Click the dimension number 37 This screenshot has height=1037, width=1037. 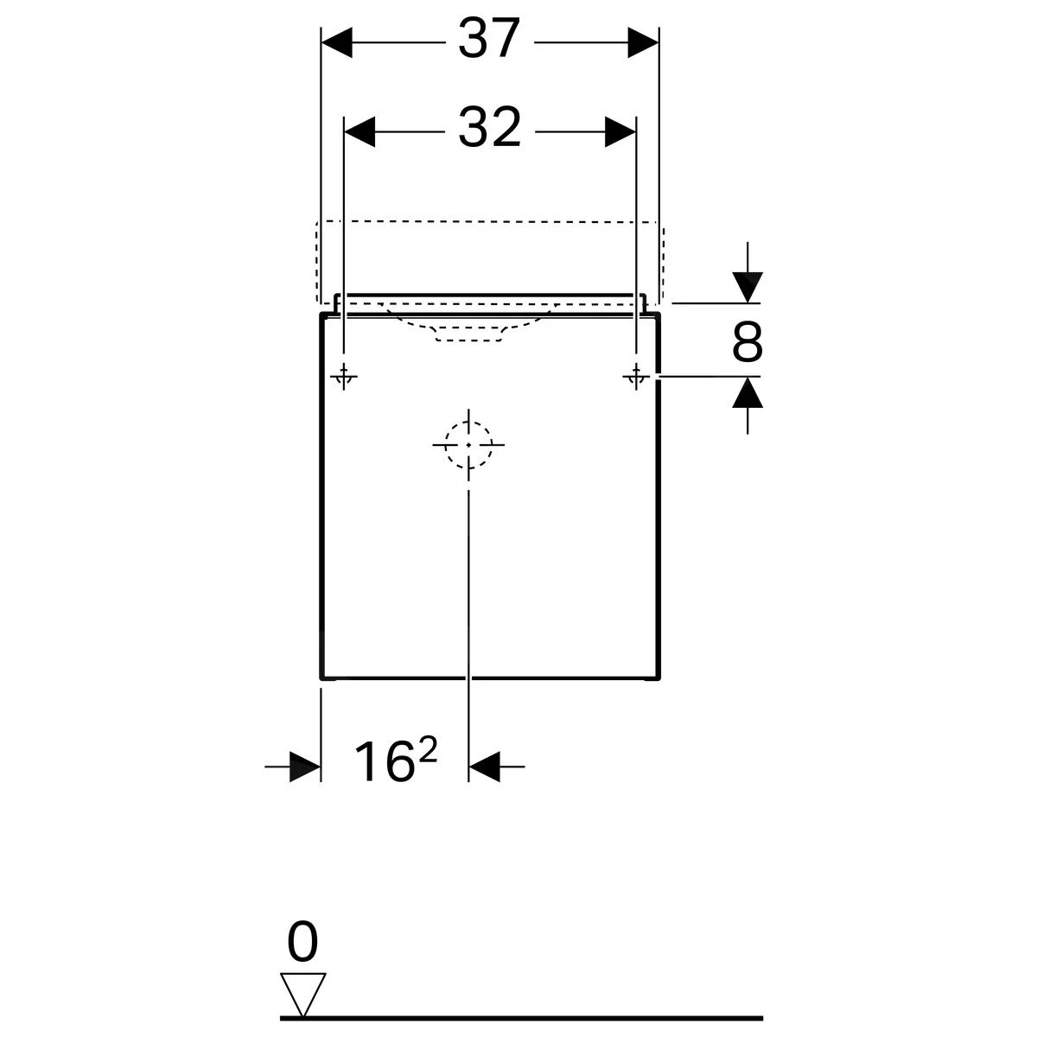(x=489, y=40)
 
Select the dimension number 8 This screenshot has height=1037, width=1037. (x=748, y=342)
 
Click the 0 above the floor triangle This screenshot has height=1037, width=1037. (x=302, y=944)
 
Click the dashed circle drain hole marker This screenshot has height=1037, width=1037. (x=468, y=444)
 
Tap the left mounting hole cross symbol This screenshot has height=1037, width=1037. (x=344, y=376)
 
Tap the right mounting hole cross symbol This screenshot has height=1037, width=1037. (x=636, y=376)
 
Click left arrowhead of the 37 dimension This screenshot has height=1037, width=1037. (x=337, y=41)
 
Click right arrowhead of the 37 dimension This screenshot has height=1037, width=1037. (x=643, y=41)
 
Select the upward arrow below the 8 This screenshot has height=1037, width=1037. (x=748, y=394)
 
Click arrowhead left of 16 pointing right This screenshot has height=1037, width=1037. (x=304, y=766)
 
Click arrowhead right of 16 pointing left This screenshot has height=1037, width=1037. (x=485, y=766)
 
